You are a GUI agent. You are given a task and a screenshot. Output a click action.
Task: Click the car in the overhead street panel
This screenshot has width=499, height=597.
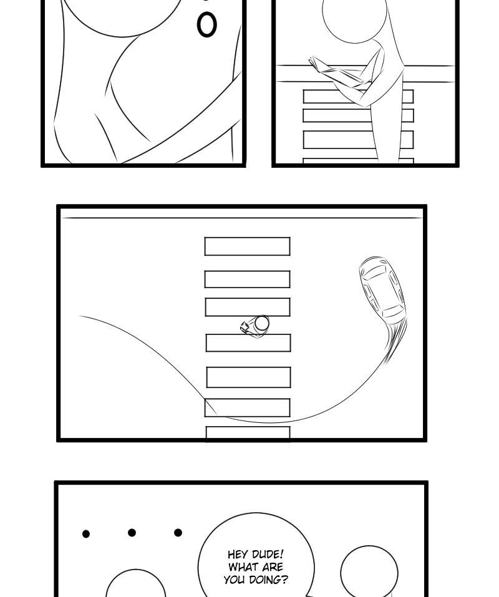click(x=382, y=290)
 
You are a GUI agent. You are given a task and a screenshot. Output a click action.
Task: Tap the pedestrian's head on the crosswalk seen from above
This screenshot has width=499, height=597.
click(x=262, y=323)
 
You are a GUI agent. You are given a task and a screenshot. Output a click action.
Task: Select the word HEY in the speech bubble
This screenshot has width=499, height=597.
click(x=238, y=555)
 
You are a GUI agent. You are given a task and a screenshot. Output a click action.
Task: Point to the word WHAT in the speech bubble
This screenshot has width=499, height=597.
click(x=243, y=567)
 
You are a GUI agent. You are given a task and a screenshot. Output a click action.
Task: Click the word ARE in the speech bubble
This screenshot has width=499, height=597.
click(x=272, y=567)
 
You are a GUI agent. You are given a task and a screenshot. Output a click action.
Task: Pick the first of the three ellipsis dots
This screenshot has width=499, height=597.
click(x=86, y=534)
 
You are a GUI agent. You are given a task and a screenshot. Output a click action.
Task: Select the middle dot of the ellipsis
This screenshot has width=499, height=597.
click(x=132, y=533)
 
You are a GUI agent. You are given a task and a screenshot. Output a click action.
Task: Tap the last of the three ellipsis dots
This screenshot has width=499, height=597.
click(x=178, y=532)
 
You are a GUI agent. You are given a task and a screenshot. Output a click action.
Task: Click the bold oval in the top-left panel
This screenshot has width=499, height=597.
click(x=206, y=25)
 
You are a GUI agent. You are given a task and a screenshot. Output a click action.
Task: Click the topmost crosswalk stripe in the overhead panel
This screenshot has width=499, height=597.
click(x=248, y=246)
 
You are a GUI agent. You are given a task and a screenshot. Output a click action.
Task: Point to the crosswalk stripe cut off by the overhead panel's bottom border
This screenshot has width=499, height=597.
click(x=248, y=434)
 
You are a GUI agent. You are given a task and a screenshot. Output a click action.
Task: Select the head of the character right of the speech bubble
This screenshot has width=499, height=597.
click(x=369, y=571)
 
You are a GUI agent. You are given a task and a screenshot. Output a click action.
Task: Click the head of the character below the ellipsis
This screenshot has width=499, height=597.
click(x=135, y=584)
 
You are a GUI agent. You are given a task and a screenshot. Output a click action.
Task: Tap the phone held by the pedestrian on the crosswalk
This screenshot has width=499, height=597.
click(x=245, y=327)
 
